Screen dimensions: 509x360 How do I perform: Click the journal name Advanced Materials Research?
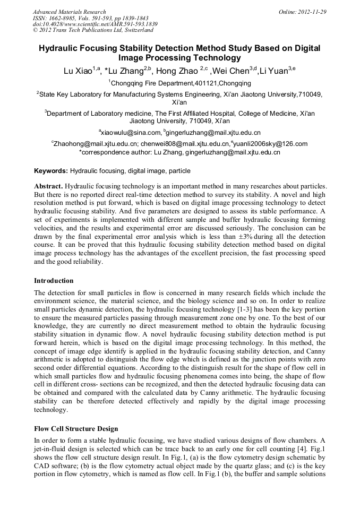click(x=69, y=12)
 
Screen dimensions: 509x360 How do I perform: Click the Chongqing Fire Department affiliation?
click(x=180, y=83)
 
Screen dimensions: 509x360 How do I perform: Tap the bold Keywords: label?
click(x=51, y=171)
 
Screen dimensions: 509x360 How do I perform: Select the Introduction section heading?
click(x=54, y=281)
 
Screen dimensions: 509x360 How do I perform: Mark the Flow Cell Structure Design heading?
click(x=76, y=428)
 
